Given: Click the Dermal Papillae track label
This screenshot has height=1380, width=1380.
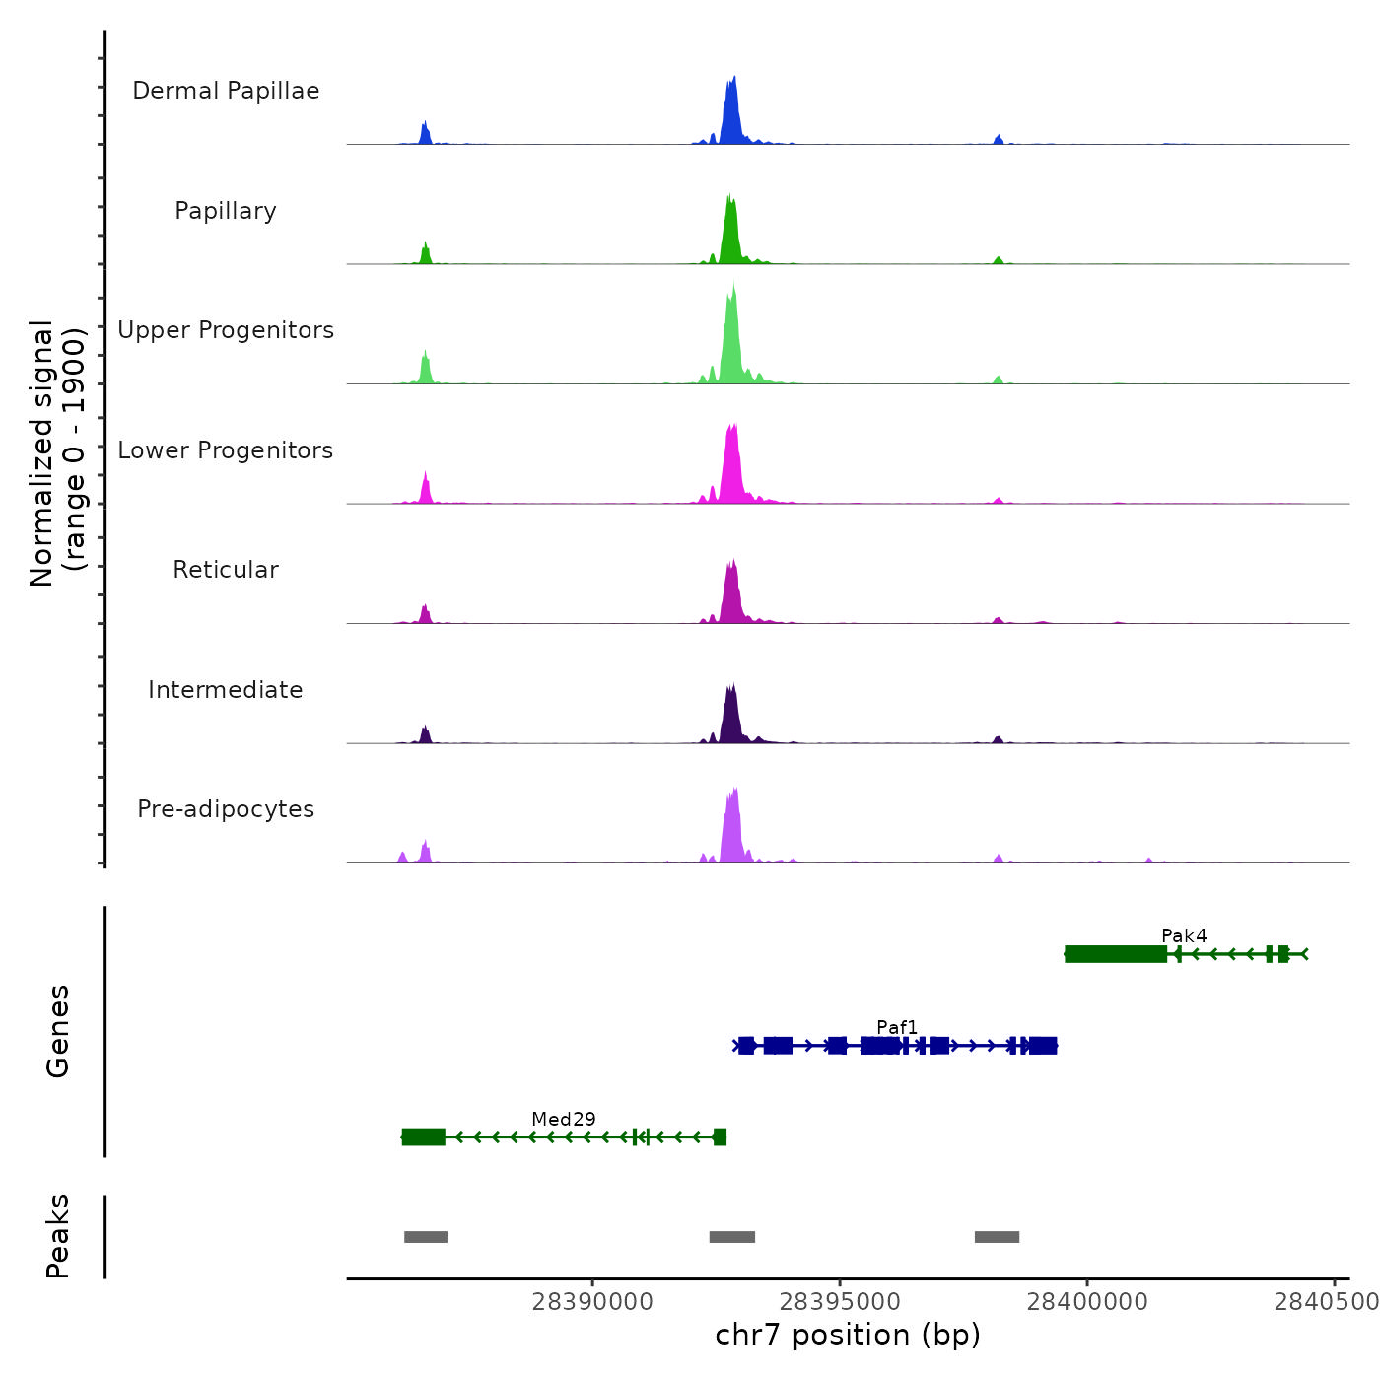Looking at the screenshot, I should [x=226, y=91].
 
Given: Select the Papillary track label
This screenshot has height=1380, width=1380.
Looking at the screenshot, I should [x=226, y=211].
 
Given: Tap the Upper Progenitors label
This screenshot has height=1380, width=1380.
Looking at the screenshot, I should [x=226, y=330].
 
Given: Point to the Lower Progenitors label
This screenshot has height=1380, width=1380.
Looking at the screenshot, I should [x=226, y=450].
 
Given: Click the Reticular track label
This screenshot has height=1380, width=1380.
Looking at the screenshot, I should [x=226, y=570].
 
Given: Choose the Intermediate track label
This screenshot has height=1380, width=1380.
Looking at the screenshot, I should [x=226, y=690].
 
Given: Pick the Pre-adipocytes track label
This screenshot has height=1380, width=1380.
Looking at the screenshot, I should [x=226, y=809].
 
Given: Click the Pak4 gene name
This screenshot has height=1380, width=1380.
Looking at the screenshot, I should [x=1184, y=935].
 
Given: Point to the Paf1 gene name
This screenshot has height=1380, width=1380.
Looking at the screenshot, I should [x=897, y=1027].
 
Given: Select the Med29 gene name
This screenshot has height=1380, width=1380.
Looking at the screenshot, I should [x=564, y=1119].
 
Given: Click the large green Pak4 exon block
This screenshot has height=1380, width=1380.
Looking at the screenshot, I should [x=1116, y=954].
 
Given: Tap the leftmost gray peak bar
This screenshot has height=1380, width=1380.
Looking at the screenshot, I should [x=426, y=1237].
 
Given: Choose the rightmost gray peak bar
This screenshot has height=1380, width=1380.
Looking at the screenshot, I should [x=997, y=1237].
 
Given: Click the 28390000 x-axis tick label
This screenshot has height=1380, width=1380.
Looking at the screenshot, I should [x=592, y=1302].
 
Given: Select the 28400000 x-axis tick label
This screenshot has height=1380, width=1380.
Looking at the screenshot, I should [x=1087, y=1302].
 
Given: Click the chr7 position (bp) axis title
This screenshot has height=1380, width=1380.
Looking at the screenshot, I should [x=848, y=1335].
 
